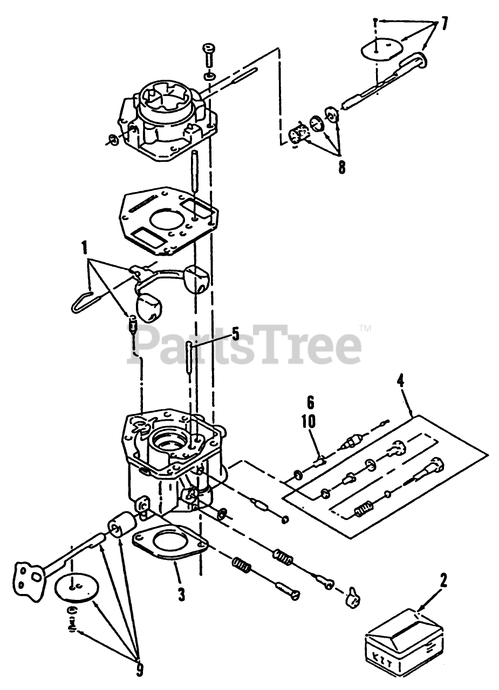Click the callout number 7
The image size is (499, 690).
click(x=443, y=23)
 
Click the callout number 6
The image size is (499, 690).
click(x=310, y=402)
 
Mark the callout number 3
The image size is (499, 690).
click(x=181, y=595)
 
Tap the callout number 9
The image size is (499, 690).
click(x=140, y=670)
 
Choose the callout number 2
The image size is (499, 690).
click(x=443, y=582)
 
